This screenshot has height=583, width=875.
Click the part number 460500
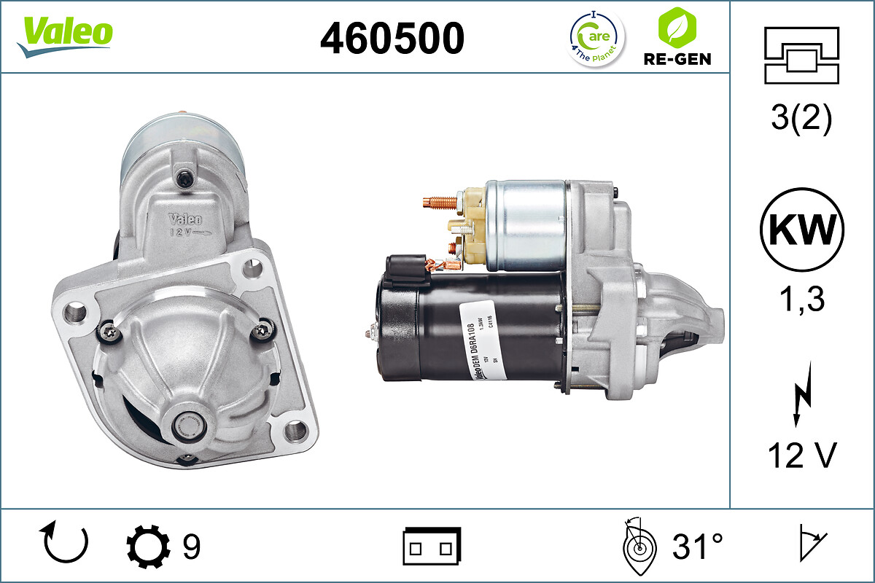(x=392, y=38)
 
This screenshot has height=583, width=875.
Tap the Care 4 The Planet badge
(x=596, y=38)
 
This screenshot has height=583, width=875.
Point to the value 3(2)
(x=801, y=120)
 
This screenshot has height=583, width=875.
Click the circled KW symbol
(x=801, y=230)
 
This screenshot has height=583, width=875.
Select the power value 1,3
(x=801, y=299)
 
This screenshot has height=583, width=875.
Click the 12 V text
(x=801, y=456)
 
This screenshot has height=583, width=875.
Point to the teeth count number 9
(x=191, y=546)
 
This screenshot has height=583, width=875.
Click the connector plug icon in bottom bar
(x=432, y=546)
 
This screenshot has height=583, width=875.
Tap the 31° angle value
(x=697, y=546)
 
